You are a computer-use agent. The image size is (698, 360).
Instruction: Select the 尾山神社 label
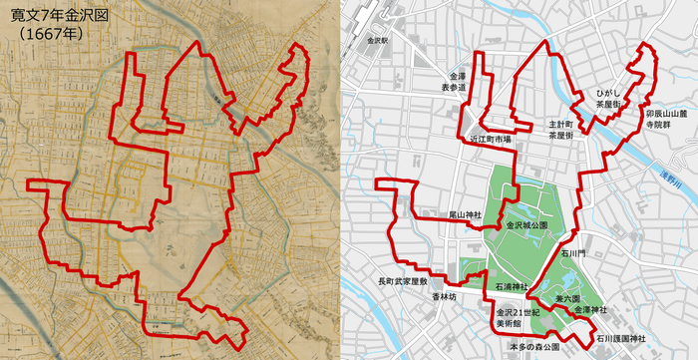point(464,214)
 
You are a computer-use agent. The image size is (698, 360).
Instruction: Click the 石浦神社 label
point(511,285)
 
